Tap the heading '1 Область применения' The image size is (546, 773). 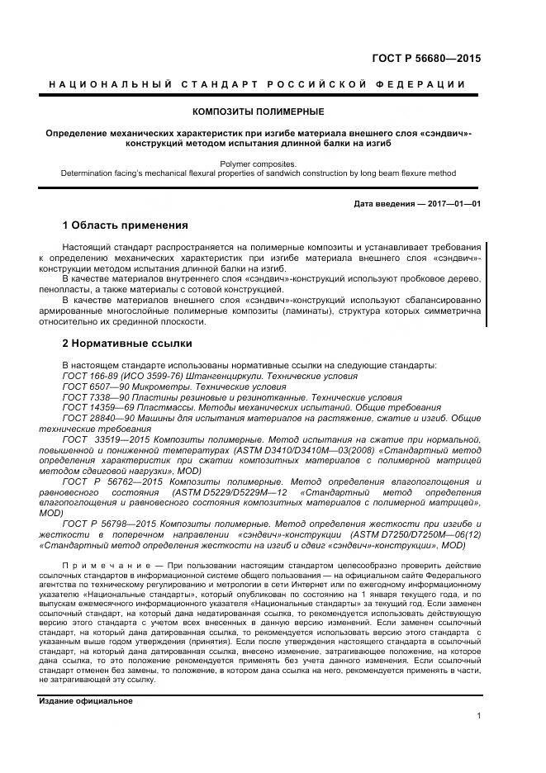[x=126, y=225]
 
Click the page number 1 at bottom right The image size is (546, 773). [x=479, y=716]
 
